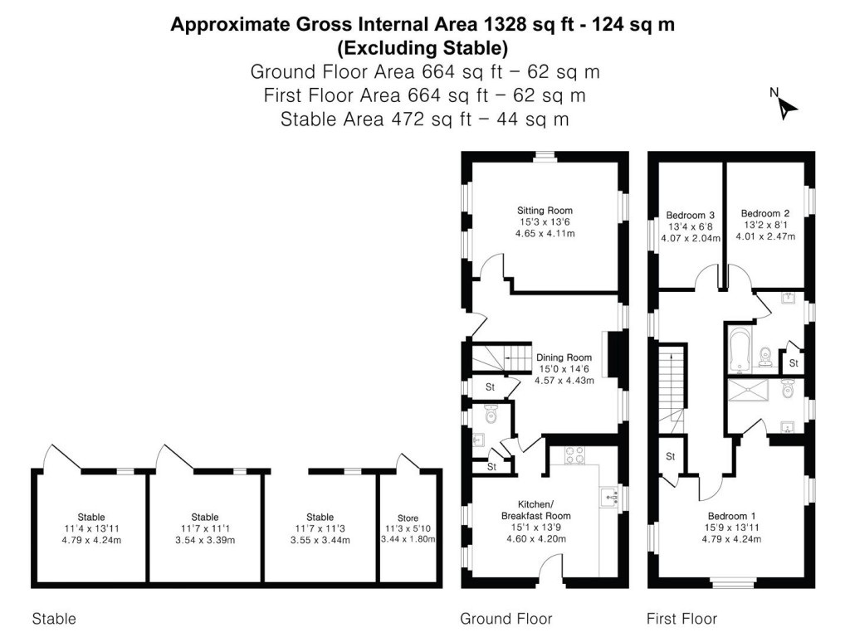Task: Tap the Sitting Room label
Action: click(545, 211)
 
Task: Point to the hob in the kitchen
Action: click(574, 455)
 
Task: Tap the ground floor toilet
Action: click(489, 411)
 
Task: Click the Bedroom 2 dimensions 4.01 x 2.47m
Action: click(765, 237)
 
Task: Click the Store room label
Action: click(408, 518)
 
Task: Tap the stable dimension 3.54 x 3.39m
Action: click(205, 540)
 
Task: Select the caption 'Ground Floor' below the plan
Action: click(506, 619)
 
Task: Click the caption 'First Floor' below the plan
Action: click(681, 619)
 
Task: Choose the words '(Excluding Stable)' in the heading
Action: click(423, 46)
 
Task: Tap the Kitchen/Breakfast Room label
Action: click(545, 509)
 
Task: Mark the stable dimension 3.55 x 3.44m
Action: click(320, 540)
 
